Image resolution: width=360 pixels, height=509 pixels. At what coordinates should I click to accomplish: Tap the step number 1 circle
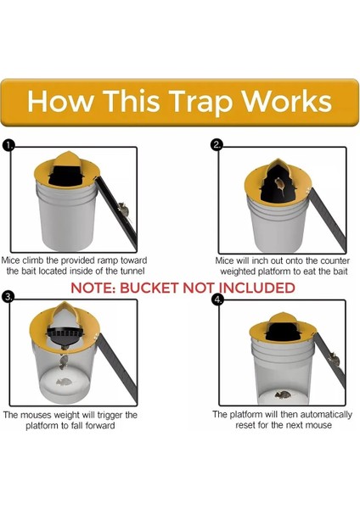(x=8, y=146)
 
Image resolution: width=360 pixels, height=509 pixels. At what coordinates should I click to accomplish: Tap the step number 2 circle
(x=217, y=145)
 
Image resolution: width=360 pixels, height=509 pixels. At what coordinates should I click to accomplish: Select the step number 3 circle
(x=8, y=297)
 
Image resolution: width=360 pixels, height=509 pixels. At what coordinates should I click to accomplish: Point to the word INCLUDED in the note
(x=252, y=288)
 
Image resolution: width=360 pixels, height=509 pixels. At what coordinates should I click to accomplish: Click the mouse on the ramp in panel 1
(x=124, y=207)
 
